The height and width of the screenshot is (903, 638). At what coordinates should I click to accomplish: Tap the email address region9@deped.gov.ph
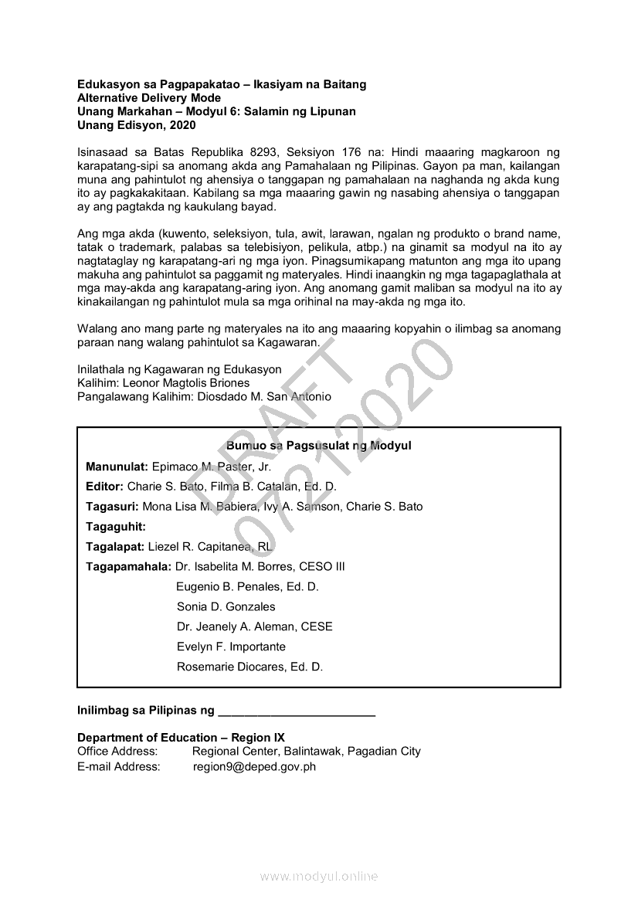click(x=254, y=767)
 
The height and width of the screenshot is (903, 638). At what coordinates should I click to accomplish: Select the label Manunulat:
click(x=117, y=467)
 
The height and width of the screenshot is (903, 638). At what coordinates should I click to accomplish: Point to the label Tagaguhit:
click(x=116, y=527)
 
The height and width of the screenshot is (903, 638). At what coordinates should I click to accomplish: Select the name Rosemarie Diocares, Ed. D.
click(x=249, y=667)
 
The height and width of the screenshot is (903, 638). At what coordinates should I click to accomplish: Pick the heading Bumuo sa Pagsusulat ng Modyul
click(x=319, y=446)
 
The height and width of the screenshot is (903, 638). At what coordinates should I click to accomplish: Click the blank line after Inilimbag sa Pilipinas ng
click(x=297, y=710)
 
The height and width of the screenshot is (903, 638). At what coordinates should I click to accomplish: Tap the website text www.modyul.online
click(x=319, y=877)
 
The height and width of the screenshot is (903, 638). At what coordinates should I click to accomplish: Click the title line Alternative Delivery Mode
click(x=149, y=98)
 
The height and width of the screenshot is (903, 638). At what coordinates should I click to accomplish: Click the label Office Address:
click(x=117, y=752)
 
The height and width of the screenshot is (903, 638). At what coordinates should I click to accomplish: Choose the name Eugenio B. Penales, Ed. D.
click(x=247, y=587)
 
